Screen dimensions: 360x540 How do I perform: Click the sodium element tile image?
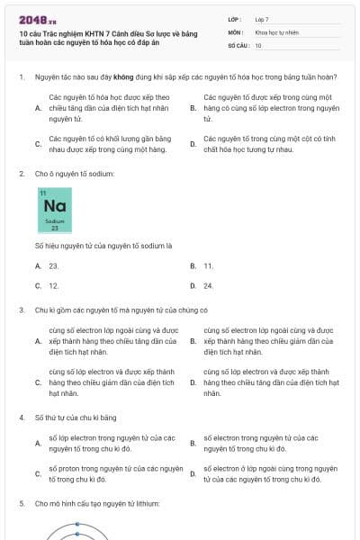[x=53, y=211]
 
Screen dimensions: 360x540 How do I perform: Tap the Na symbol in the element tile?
[x=53, y=206]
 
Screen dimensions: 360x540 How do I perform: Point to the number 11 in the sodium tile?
[x=42, y=193]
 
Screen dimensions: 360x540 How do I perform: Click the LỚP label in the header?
[x=235, y=19]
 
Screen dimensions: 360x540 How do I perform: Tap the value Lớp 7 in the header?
[x=262, y=19]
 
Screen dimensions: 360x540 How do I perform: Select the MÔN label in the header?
[x=235, y=31]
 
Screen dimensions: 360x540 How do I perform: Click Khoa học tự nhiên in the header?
[x=275, y=31]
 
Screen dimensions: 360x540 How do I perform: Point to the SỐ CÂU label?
[x=238, y=45]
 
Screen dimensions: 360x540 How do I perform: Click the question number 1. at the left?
[x=21, y=78]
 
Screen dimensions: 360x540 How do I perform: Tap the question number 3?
[x=21, y=310]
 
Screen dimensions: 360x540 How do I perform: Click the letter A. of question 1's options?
[x=38, y=107]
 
